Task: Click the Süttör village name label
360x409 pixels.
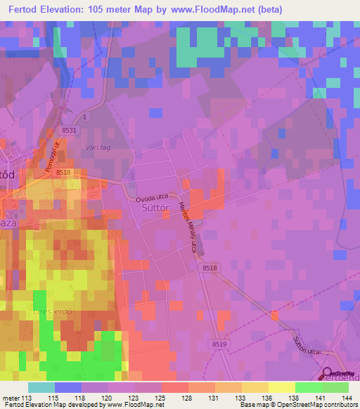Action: [x=157, y=209]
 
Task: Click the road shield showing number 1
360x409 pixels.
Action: [x=84, y=116]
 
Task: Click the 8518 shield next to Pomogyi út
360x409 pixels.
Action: [x=63, y=172]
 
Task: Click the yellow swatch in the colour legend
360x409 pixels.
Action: [x=281, y=387]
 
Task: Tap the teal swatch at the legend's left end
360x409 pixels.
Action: [x=41, y=387]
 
